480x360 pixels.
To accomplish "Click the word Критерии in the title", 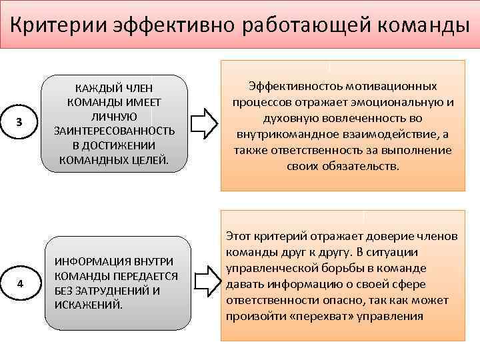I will (59, 25).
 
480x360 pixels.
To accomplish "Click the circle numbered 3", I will (20, 123).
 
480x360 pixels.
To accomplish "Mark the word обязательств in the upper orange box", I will (359, 165).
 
